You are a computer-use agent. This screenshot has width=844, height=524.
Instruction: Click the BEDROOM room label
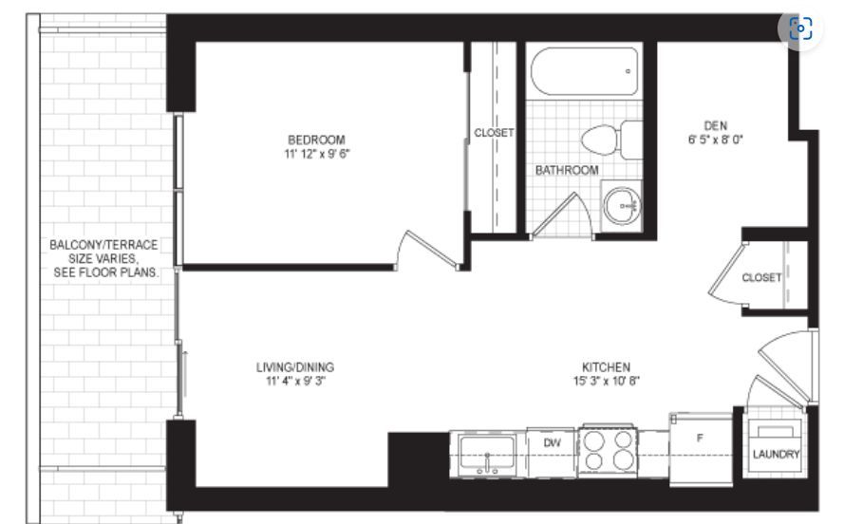click(x=316, y=140)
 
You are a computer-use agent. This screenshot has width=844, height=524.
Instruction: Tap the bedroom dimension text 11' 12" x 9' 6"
click(x=317, y=154)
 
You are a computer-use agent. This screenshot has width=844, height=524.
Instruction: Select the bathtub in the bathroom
click(x=585, y=71)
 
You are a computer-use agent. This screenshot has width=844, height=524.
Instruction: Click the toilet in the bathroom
click(x=612, y=140)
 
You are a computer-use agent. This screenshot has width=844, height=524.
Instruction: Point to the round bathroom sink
click(x=622, y=206)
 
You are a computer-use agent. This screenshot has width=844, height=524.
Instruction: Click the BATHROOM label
click(x=567, y=171)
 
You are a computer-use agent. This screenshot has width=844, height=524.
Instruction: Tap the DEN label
click(x=715, y=126)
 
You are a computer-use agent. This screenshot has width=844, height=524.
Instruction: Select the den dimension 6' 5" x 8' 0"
click(x=715, y=140)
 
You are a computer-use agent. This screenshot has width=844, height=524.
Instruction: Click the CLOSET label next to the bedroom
click(x=494, y=132)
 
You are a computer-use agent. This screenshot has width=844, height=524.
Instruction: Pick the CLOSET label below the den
click(x=761, y=277)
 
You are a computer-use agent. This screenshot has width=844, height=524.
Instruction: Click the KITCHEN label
click(x=606, y=367)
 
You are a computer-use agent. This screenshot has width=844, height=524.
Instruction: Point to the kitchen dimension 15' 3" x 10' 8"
click(x=606, y=382)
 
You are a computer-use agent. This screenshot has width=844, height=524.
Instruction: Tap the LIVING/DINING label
click(x=295, y=367)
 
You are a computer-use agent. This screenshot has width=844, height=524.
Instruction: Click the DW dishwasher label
click(x=552, y=442)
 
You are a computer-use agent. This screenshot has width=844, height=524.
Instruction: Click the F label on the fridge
click(x=700, y=439)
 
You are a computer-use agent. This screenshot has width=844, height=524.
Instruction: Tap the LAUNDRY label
click(x=776, y=455)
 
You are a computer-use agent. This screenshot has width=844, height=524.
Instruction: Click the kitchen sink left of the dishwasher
click(x=487, y=455)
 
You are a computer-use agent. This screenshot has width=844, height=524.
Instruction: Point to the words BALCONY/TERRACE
click(x=103, y=245)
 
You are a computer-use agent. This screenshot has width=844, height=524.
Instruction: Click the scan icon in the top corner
click(x=800, y=28)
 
